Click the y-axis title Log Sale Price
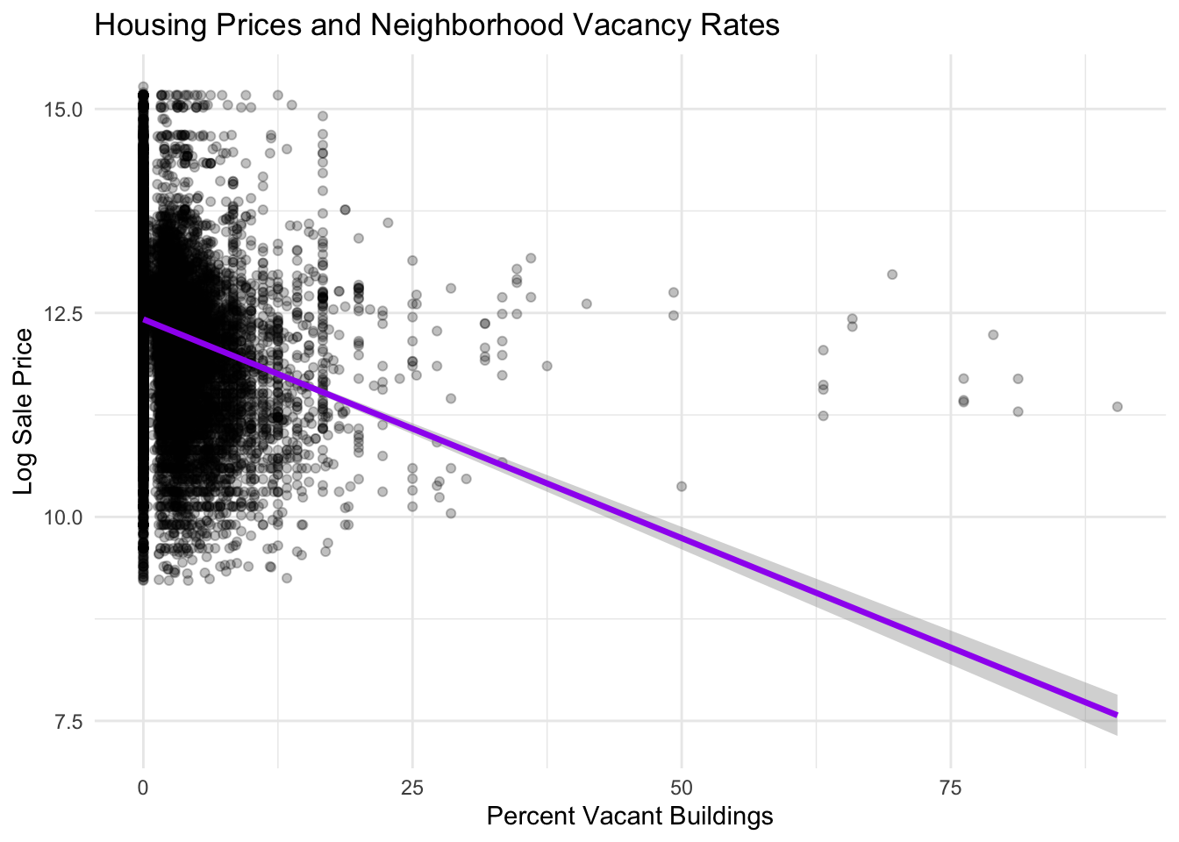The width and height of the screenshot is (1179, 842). click(24, 411)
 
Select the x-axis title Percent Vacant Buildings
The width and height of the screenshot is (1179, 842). click(629, 817)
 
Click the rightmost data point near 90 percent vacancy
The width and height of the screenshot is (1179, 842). click(1117, 406)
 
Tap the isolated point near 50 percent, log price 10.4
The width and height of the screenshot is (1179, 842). click(681, 486)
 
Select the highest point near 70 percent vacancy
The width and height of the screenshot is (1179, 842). click(892, 275)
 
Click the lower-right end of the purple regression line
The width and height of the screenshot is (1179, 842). click(1115, 714)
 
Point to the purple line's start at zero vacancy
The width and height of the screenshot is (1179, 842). click(146, 320)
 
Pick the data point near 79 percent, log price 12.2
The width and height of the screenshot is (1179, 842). click(993, 334)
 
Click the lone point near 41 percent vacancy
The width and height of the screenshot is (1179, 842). click(586, 303)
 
